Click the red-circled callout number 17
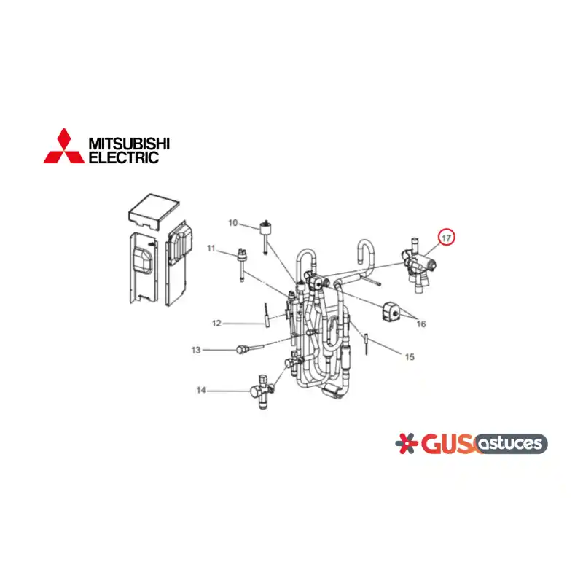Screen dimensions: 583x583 coord(446,238)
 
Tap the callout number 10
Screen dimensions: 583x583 coord(232,223)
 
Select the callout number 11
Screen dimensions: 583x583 coord(211,248)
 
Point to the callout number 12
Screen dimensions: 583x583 coord(216,324)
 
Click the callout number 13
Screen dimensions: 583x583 coord(196,350)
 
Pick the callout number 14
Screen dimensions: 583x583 coord(201,390)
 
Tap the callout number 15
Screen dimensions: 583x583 coord(410,357)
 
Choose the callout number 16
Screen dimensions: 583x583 coord(421,324)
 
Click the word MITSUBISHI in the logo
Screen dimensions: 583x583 coord(129,143)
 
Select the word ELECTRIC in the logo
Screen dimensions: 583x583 coord(124,157)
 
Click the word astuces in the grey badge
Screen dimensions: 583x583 coord(511,443)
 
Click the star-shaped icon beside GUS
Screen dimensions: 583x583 coord(406,443)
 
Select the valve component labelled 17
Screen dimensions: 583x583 coord(418,265)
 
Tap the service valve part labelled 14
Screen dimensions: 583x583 coord(262,391)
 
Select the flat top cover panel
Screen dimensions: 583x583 coord(154,211)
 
